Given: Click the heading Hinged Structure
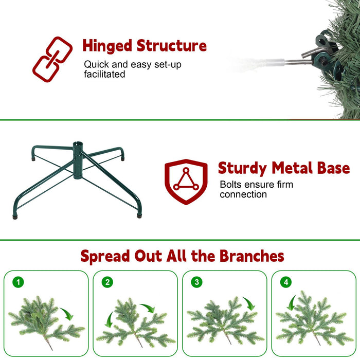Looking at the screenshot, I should click(145, 46).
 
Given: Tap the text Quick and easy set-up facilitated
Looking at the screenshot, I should click(133, 69).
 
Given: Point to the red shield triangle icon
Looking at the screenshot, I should click(186, 182).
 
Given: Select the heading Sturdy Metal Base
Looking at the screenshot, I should click(283, 168).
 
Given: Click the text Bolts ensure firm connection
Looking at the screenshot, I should click(257, 189).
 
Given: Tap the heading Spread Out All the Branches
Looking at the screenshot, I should click(182, 256).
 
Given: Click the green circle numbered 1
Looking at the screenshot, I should click(19, 282).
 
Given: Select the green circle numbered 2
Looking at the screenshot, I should click(107, 282).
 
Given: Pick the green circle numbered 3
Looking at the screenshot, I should click(196, 282).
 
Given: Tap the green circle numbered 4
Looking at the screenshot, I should click(286, 282).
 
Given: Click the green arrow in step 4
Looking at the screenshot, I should click(292, 303).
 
